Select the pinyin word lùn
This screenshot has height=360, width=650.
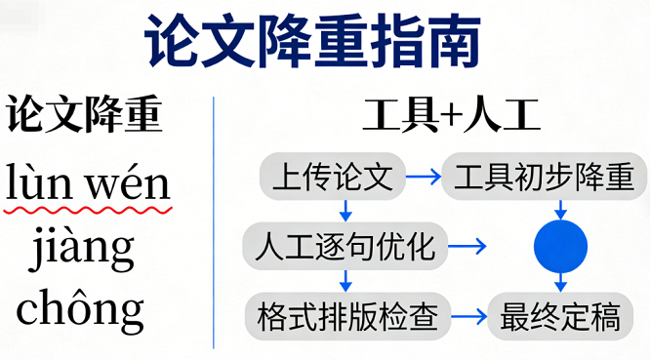[40, 182]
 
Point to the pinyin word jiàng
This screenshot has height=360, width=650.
[82, 249]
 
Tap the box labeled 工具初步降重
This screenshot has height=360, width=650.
[545, 177]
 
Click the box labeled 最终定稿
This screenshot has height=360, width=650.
[560, 316]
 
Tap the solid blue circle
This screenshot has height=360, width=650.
[560, 247]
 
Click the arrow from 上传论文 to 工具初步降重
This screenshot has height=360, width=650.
[422, 177]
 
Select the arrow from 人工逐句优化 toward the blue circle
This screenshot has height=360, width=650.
[467, 246]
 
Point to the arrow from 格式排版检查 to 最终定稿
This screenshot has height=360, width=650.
[467, 316]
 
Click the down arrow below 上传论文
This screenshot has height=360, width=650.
[345, 209]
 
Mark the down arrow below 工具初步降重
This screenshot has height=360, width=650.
[560, 209]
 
